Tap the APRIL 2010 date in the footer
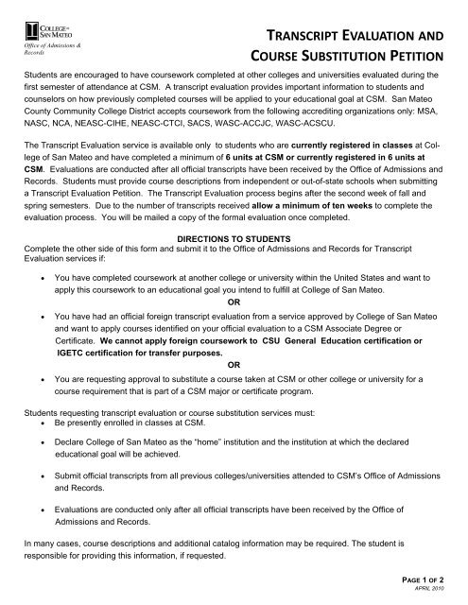point(441,593)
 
